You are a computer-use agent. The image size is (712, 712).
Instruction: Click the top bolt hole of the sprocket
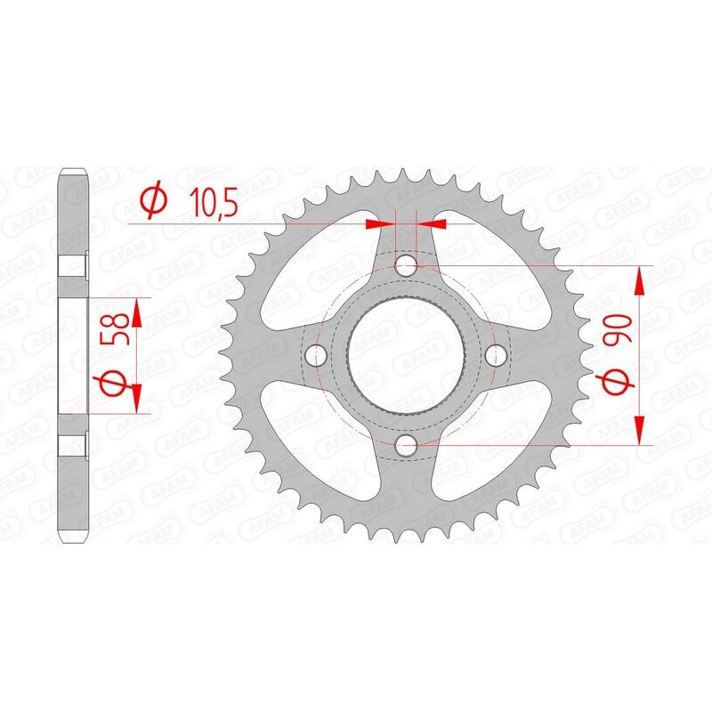406,264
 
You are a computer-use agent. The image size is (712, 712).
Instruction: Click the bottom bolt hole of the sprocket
406,444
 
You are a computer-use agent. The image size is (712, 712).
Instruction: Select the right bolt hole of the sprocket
496,354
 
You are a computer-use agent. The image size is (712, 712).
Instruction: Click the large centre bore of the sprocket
406,354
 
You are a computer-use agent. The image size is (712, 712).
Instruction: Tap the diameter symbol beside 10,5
154,201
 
